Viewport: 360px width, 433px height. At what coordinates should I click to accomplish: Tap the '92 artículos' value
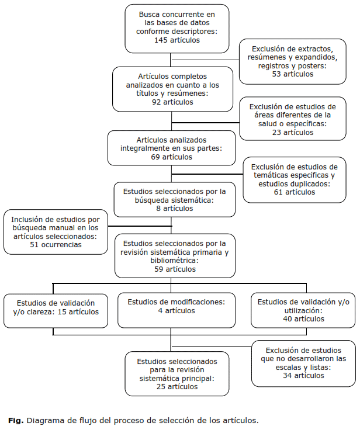172,102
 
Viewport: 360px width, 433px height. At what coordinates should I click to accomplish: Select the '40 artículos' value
303,318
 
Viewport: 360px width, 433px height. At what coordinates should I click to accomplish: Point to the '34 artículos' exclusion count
303,375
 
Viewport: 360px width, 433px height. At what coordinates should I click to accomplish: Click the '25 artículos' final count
176,387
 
